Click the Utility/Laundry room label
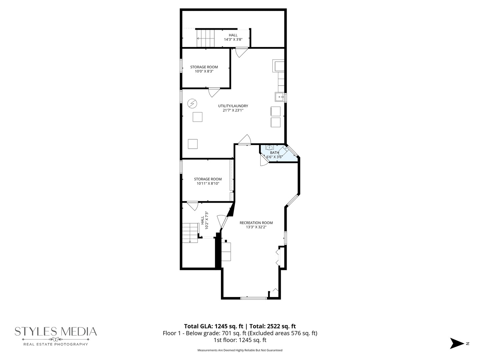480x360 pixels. click(233, 106)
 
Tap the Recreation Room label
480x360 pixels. click(256, 223)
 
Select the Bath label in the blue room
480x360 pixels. click(274, 153)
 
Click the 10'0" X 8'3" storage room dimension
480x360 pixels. click(204, 71)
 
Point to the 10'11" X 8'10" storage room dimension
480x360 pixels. click(208, 183)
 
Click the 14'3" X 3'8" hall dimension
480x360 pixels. click(233, 39)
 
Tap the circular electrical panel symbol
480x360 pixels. click(192, 103)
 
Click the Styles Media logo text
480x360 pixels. click(56, 332)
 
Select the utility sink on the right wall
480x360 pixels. click(280, 97)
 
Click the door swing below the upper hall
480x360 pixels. click(241, 52)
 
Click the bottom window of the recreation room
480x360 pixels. click(254, 298)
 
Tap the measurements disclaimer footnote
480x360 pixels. click(240, 350)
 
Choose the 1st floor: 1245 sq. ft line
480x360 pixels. click(240, 340)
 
